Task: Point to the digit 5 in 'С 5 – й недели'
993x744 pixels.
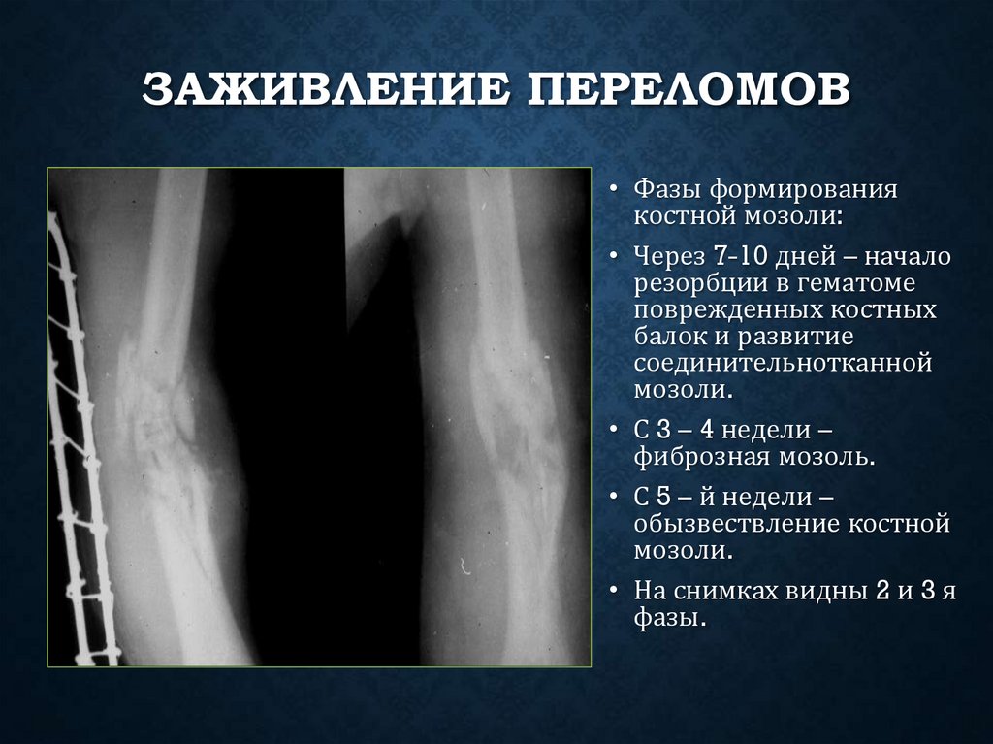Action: point(663,498)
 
